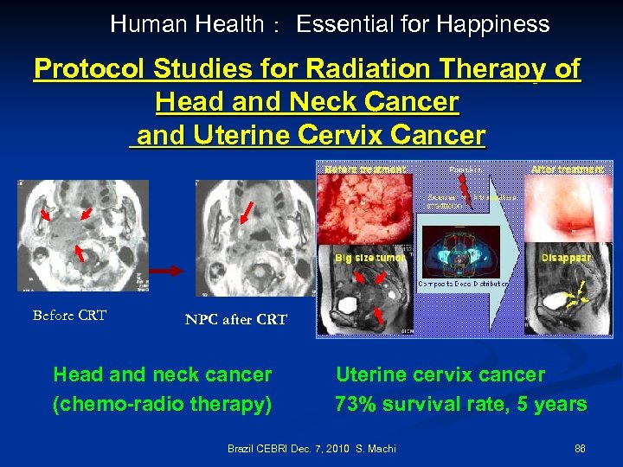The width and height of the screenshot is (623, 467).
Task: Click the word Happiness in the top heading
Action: click(493, 24)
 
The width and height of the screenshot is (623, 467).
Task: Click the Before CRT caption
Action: click(69, 316)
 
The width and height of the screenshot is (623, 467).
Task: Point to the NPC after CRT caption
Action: click(235, 319)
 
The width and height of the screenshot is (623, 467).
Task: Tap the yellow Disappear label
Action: click(566, 258)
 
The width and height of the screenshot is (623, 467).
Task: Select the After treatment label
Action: click(567, 170)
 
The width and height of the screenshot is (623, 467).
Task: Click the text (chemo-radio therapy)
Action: click(162, 404)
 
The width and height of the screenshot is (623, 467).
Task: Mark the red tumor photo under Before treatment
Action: click(368, 208)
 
